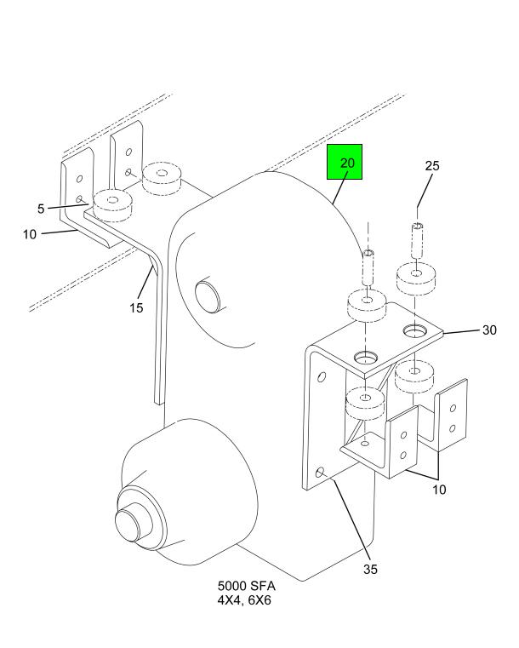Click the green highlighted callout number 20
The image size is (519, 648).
tap(347, 163)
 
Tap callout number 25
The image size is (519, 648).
tap(432, 166)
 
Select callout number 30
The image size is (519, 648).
tap(489, 330)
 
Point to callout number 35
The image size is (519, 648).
tap(370, 569)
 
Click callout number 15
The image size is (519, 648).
tap(136, 307)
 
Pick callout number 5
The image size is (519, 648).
tap(41, 209)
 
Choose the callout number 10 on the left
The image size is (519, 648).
tap(29, 234)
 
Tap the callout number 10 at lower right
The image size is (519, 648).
tap(439, 490)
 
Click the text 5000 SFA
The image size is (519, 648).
tap(246, 586)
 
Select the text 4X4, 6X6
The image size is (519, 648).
tap(244, 599)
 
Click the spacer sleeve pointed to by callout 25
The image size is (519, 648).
tap(418, 239)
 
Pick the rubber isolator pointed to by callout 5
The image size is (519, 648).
tap(112, 206)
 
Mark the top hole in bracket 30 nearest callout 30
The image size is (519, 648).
tap(415, 330)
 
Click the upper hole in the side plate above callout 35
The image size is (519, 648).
tap(321, 377)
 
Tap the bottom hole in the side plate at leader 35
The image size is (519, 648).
tap(320, 472)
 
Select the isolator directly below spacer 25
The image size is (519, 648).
tap(416, 278)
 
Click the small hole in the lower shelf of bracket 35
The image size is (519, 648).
tap(365, 444)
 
